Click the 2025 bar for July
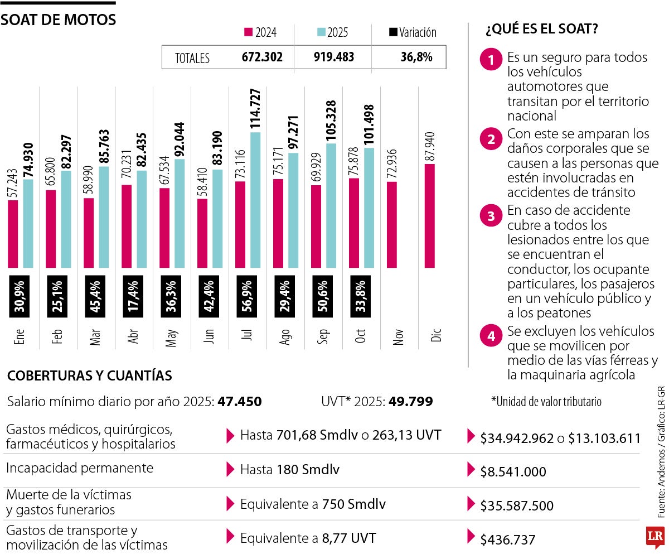point(255,200)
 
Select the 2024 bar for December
point(430,215)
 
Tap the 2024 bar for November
point(392,224)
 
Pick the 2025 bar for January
point(28,223)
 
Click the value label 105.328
point(331,121)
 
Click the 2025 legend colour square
point(321,32)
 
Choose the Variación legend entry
point(413,32)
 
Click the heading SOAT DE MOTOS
point(58,20)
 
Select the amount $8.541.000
point(512,471)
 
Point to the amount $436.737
point(507,539)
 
